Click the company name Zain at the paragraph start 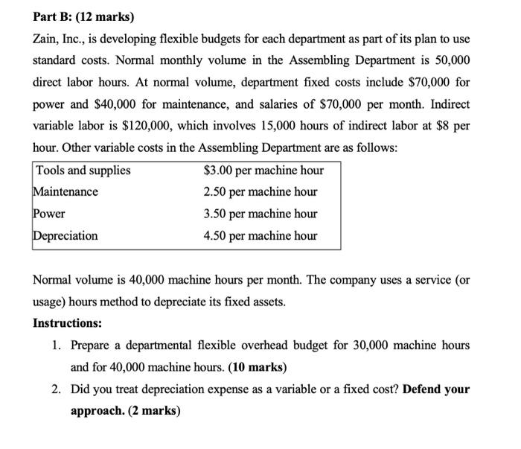(x=47, y=38)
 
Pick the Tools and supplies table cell (x=83, y=171)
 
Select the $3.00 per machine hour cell (x=263, y=171)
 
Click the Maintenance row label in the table (x=65, y=192)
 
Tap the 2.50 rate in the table (x=217, y=192)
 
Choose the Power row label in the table (x=49, y=214)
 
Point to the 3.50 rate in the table (x=217, y=214)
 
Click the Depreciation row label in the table (x=65, y=236)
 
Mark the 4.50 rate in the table (x=217, y=236)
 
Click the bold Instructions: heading (x=68, y=324)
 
